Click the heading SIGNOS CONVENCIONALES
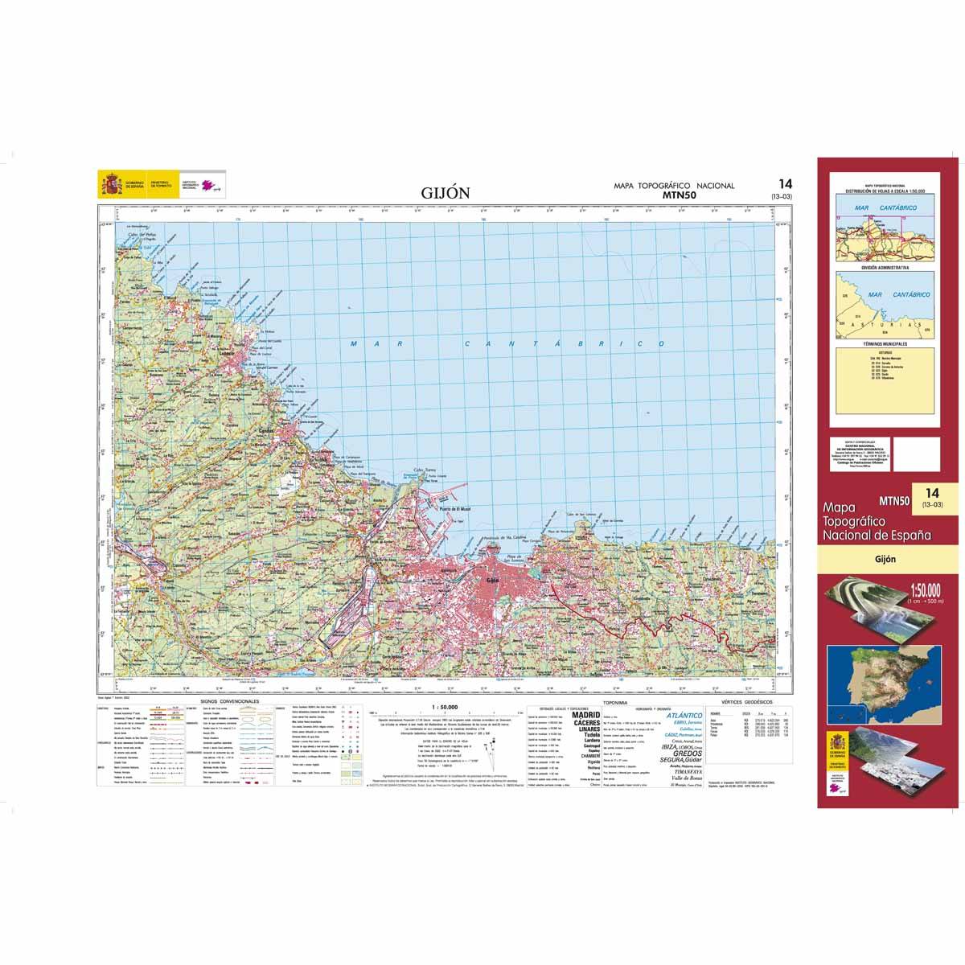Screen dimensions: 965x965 [x=231, y=702]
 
